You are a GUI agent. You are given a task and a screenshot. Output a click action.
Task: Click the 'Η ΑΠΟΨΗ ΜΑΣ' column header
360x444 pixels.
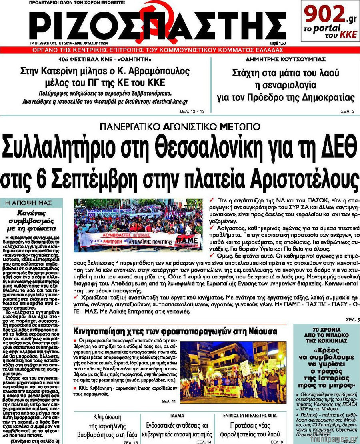(x=31, y=203)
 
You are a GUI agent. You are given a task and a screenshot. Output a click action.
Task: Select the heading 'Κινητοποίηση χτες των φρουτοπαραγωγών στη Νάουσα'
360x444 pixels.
(x=175, y=331)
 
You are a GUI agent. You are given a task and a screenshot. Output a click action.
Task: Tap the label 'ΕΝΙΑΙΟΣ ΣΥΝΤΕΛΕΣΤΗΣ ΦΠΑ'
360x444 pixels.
(x=250, y=416)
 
